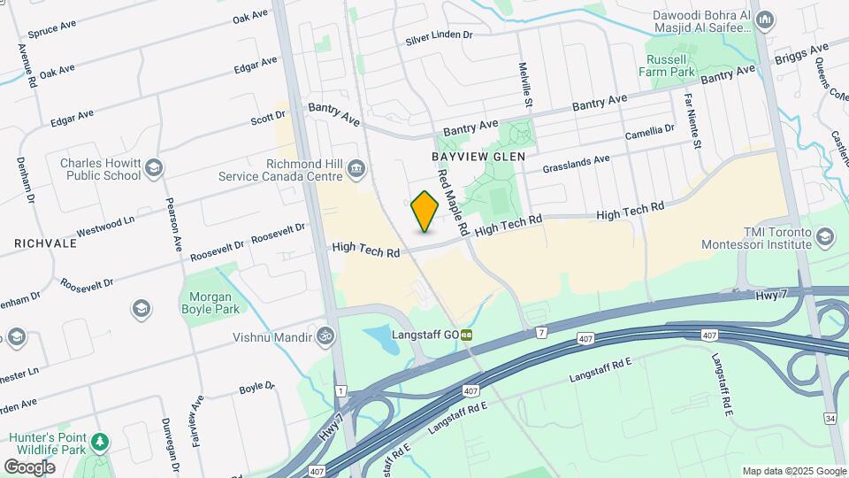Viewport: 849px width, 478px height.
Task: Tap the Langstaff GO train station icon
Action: [465, 335]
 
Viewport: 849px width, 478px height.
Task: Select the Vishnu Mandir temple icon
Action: [326, 336]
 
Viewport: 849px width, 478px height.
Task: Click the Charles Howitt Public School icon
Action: [154, 168]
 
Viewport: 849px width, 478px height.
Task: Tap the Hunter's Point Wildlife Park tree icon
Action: [102, 441]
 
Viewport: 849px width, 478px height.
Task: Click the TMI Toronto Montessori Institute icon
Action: [825, 236]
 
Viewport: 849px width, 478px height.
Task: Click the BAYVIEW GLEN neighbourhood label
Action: [478, 156]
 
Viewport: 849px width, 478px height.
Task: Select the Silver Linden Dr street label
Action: [440, 37]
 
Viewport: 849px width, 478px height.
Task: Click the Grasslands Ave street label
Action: [577, 164]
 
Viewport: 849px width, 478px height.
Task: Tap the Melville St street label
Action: [526, 85]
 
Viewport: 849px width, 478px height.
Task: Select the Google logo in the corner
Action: [29, 466]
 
